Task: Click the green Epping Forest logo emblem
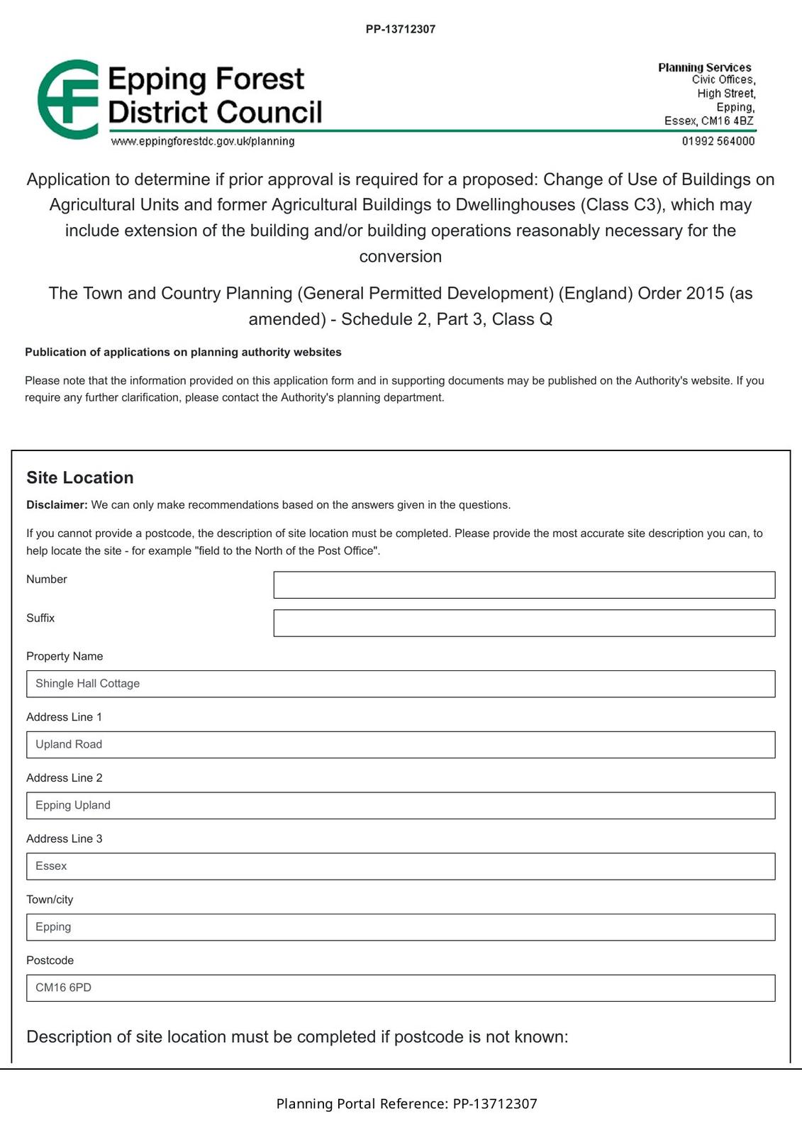68,99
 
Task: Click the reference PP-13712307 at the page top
401,29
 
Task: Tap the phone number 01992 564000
718,141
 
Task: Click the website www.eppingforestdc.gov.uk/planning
203,141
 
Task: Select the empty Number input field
524,585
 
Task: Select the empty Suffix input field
524,624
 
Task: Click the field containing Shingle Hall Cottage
401,684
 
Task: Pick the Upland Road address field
401,745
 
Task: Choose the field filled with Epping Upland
401,806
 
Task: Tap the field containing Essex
401,866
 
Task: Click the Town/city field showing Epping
401,927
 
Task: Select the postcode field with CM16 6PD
401,988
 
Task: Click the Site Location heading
80,477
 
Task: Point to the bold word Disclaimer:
57,505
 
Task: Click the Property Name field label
65,656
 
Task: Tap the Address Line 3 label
65,838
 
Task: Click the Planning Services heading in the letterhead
704,67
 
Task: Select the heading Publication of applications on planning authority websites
183,352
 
